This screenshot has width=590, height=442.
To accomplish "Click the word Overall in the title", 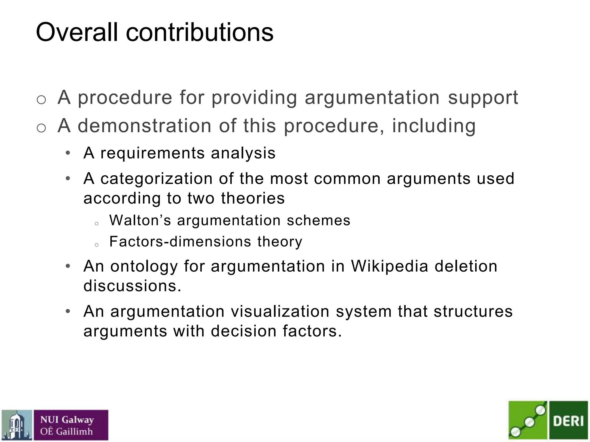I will pos(77,32).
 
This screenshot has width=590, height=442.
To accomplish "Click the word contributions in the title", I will pos(199,32).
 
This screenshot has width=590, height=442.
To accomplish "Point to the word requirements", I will pos(152,153).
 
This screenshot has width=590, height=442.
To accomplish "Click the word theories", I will pos(253,198).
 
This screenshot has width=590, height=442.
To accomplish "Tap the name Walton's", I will pos(140,221).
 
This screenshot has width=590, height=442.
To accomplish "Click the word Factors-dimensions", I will pos(180,241).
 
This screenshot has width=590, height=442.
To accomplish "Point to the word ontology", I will pos(144,266).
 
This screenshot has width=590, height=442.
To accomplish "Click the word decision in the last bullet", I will pos(243,331).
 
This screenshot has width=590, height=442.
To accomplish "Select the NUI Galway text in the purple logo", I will pos(67,420).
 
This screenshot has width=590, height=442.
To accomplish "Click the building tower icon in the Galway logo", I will pos(16,425).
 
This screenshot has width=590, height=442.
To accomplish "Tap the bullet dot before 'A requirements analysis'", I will pos(68,153).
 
